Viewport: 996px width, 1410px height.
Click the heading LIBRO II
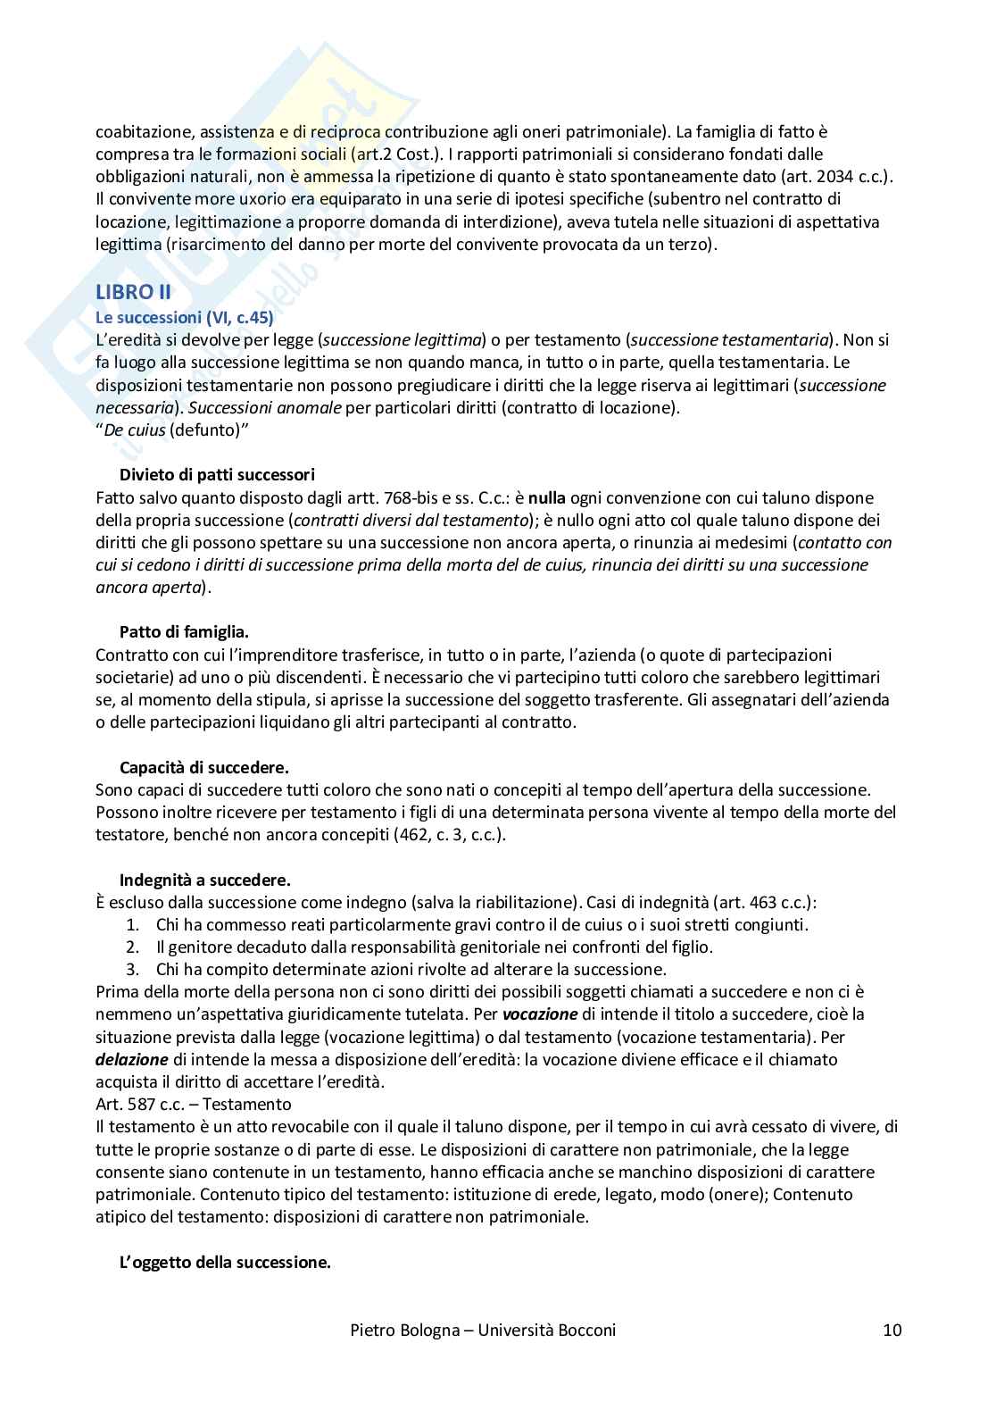pos(133,292)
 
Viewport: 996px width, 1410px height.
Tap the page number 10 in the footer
pos(892,1331)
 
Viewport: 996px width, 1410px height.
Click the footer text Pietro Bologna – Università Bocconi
pos(482,1331)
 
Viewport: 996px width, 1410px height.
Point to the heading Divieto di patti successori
pos(217,474)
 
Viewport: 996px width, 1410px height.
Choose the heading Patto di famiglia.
pos(184,632)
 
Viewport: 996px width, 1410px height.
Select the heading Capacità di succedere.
pos(203,767)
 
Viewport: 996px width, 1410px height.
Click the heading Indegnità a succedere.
pos(204,880)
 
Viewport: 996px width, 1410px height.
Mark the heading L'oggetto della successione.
pos(225,1263)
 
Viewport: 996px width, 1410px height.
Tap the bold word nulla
pos(547,497)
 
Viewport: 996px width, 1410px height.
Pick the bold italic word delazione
pos(132,1059)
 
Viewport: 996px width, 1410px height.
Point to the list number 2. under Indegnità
pos(132,947)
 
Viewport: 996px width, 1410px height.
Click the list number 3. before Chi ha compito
pos(132,969)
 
